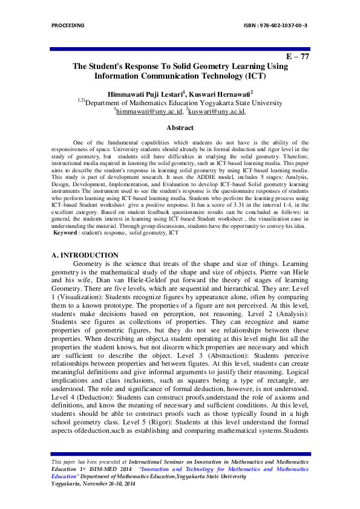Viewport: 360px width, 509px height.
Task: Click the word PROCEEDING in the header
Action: [x=68, y=25]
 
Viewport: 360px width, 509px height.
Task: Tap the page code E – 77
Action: [x=298, y=56]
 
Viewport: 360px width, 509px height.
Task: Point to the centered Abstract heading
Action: [x=180, y=128]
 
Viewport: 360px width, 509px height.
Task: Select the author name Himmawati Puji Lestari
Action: [x=145, y=94]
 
